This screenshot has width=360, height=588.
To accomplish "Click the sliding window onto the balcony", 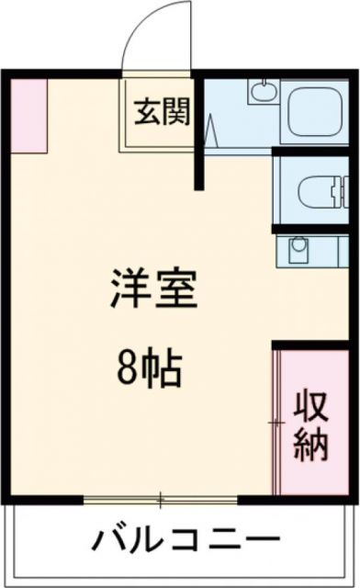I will [x=161, y=500].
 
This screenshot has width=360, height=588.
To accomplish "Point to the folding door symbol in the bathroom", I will [x=211, y=133].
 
